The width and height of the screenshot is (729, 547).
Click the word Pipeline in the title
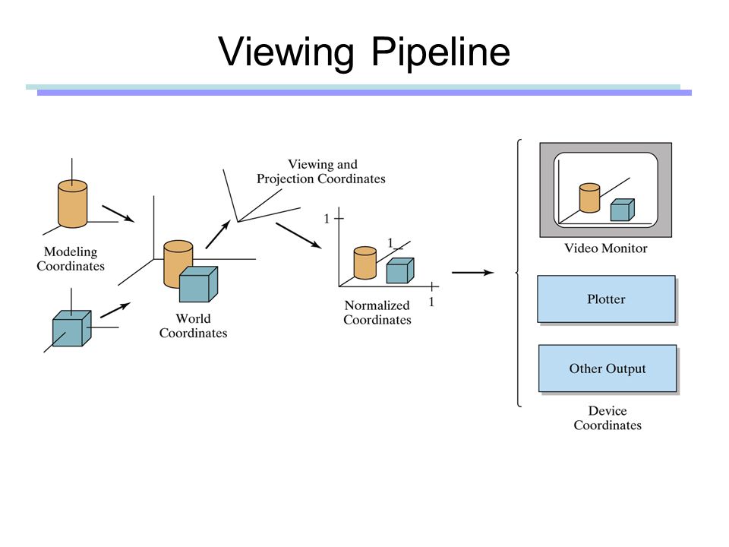coord(440,52)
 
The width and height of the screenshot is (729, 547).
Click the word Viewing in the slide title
coord(286,52)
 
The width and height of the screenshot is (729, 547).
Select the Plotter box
coord(606,299)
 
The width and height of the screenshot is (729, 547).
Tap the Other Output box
coord(607,368)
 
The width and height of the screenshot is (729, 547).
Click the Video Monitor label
coord(606,248)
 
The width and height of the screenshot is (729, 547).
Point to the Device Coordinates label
coord(607,418)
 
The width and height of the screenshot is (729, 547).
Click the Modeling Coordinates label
coord(71,258)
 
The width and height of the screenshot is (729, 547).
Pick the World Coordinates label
coord(193,326)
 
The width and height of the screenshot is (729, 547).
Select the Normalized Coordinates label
coord(377,312)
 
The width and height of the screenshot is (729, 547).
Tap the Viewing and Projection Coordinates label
coord(321,172)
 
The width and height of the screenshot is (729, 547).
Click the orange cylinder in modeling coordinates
coord(73,204)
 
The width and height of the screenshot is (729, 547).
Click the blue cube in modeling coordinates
coord(71,328)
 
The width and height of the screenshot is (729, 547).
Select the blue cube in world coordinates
coord(198,284)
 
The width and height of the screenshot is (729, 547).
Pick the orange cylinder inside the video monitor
coord(589,198)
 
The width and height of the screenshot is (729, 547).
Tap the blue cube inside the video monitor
coord(622,210)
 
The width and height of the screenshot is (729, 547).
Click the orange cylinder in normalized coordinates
coord(365,263)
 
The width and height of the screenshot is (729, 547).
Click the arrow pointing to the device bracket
coord(472,273)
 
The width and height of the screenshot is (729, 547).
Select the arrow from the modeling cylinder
coord(118,213)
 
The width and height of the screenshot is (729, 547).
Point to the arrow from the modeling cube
coord(115,310)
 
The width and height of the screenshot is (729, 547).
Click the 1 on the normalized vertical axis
coord(327,219)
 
